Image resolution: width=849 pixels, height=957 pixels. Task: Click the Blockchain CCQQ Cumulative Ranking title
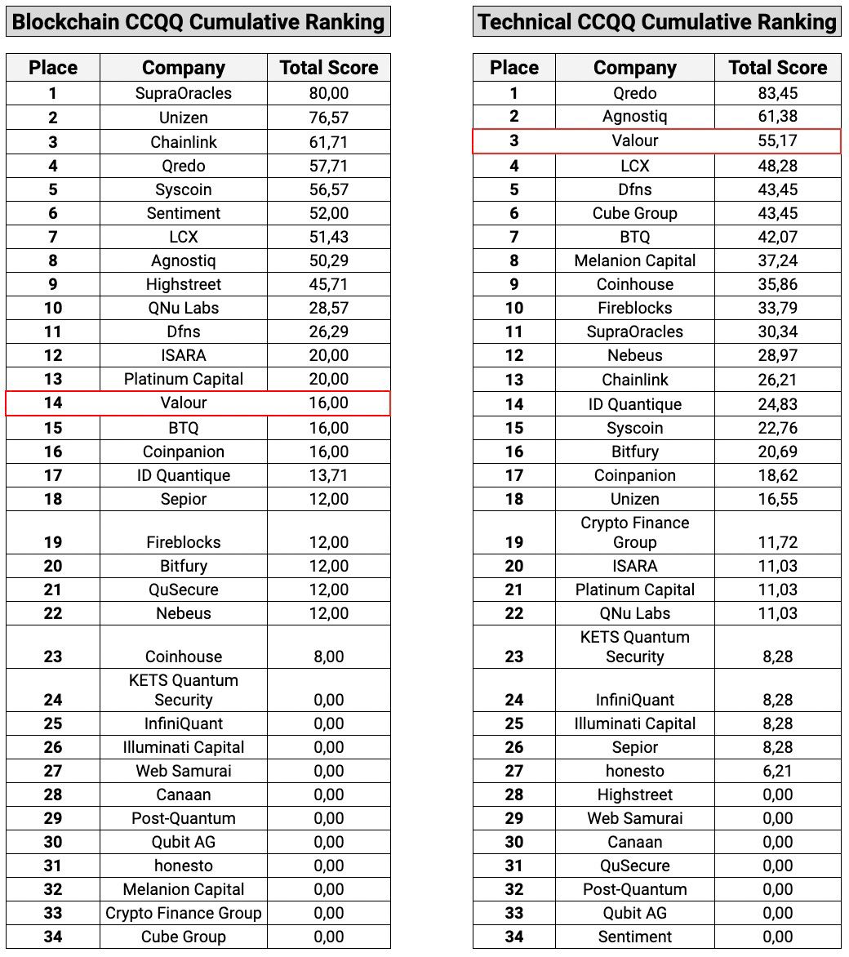click(x=198, y=21)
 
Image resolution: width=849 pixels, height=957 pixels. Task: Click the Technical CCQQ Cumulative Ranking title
click(x=657, y=21)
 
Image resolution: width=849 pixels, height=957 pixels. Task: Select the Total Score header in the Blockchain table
click(x=329, y=68)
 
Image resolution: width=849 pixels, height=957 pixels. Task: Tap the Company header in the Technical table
click(x=634, y=68)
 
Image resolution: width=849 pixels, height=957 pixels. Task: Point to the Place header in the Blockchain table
click(x=53, y=68)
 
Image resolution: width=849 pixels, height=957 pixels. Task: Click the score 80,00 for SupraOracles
click(x=329, y=93)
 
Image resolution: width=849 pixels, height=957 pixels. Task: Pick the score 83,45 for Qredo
click(x=777, y=93)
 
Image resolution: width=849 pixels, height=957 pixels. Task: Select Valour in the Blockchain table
click(x=184, y=403)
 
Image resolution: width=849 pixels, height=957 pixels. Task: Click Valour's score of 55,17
click(x=777, y=140)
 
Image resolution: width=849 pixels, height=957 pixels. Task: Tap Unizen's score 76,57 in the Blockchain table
click(x=329, y=118)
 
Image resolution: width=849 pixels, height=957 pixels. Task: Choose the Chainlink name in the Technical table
click(x=634, y=380)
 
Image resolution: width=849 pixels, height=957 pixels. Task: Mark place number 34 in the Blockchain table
click(x=53, y=937)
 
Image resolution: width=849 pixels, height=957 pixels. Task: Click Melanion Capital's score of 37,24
click(x=777, y=260)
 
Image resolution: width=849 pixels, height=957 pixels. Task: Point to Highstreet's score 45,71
click(x=329, y=284)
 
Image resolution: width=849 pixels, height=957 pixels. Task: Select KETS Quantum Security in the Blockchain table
click(x=184, y=690)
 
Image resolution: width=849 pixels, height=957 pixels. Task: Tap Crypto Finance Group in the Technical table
click(x=634, y=532)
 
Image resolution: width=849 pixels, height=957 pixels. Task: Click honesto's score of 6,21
click(x=777, y=771)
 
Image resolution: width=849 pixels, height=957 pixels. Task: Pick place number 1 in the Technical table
click(x=513, y=93)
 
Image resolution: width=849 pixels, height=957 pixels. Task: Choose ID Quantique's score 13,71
click(x=329, y=475)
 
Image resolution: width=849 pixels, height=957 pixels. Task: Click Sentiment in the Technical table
click(x=634, y=937)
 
